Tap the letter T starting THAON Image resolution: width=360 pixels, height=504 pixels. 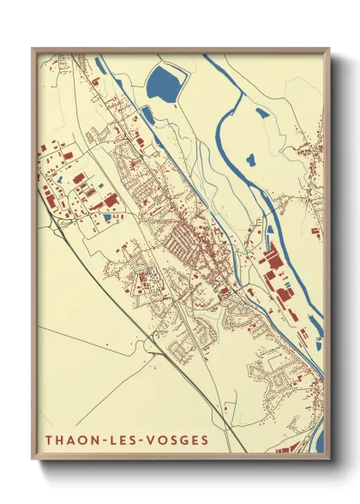(x=49, y=441)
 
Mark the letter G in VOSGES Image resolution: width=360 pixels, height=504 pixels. (x=183, y=441)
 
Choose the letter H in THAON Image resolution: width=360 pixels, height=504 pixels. (x=60, y=441)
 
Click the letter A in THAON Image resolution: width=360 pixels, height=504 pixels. (x=71, y=441)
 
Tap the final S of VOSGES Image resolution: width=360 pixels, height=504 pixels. (x=204, y=441)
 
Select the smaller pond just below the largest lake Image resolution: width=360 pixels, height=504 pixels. (x=147, y=114)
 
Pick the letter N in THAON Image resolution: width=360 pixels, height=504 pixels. (x=94, y=441)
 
